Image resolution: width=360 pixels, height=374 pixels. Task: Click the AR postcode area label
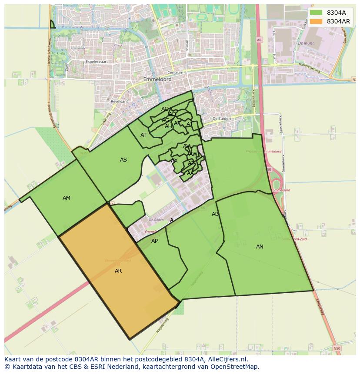[118, 271]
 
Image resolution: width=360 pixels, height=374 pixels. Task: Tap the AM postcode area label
[67, 198]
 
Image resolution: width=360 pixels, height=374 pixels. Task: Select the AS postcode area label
[123, 160]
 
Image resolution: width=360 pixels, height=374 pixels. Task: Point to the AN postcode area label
[260, 247]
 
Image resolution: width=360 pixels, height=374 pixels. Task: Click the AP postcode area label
[154, 241]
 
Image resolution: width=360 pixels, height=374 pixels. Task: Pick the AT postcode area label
[143, 135]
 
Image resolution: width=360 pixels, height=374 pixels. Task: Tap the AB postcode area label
[215, 214]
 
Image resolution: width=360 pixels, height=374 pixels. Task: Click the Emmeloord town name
[157, 80]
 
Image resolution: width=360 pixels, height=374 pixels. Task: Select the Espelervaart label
[97, 62]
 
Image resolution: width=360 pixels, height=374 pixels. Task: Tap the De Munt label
[306, 43]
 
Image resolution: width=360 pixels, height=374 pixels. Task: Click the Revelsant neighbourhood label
[120, 101]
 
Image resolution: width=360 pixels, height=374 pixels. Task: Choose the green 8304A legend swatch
[316, 13]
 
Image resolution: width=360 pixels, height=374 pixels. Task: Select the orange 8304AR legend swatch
[316, 21]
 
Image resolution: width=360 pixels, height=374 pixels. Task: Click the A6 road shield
[259, 40]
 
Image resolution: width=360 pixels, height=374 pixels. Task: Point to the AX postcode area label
[174, 161]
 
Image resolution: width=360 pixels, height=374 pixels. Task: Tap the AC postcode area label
[165, 109]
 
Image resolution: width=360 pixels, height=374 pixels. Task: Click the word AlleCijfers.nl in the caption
[226, 359]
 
